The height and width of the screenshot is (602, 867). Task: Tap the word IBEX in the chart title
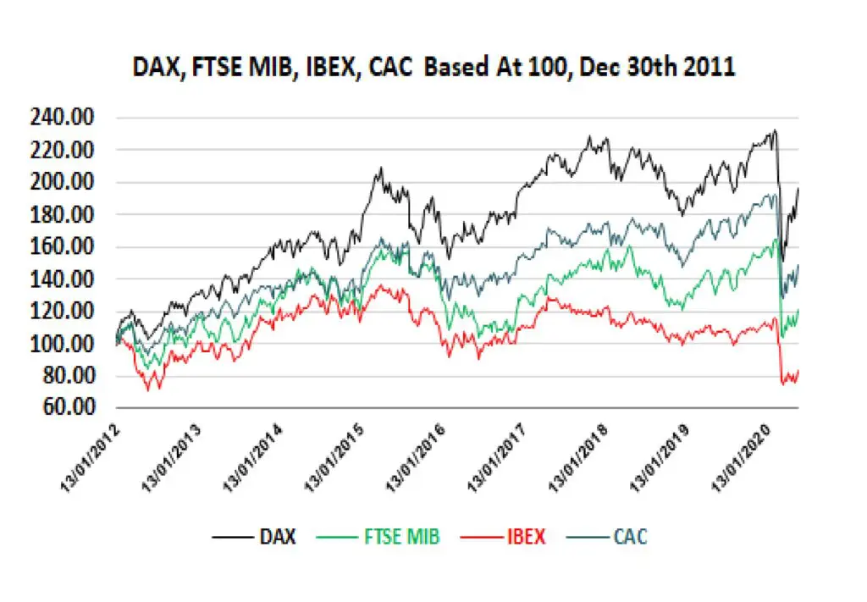coord(331,68)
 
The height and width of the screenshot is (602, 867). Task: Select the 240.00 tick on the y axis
coord(62,117)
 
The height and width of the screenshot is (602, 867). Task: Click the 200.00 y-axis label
coord(62,182)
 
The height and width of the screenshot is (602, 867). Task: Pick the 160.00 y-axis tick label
coord(62,246)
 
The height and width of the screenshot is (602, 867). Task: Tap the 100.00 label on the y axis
coord(62,344)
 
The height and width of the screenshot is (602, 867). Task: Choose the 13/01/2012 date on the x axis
coord(90,458)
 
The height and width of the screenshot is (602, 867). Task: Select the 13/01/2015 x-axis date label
coord(334,458)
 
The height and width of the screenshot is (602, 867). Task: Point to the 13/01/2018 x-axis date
coord(578,458)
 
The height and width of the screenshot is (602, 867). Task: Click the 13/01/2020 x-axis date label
coord(741,458)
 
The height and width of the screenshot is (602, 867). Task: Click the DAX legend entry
coord(254,536)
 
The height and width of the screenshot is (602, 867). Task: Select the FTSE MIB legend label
coord(378,536)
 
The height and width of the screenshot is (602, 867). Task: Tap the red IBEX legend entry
coord(503,536)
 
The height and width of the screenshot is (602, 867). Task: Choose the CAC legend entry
coord(606,536)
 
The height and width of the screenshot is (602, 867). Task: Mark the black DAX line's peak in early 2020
coord(776,130)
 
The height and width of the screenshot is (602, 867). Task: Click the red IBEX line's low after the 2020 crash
coord(783,384)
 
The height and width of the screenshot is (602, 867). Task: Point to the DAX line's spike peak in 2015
coord(380,168)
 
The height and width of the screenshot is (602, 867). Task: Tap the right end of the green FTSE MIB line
coord(798,310)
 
